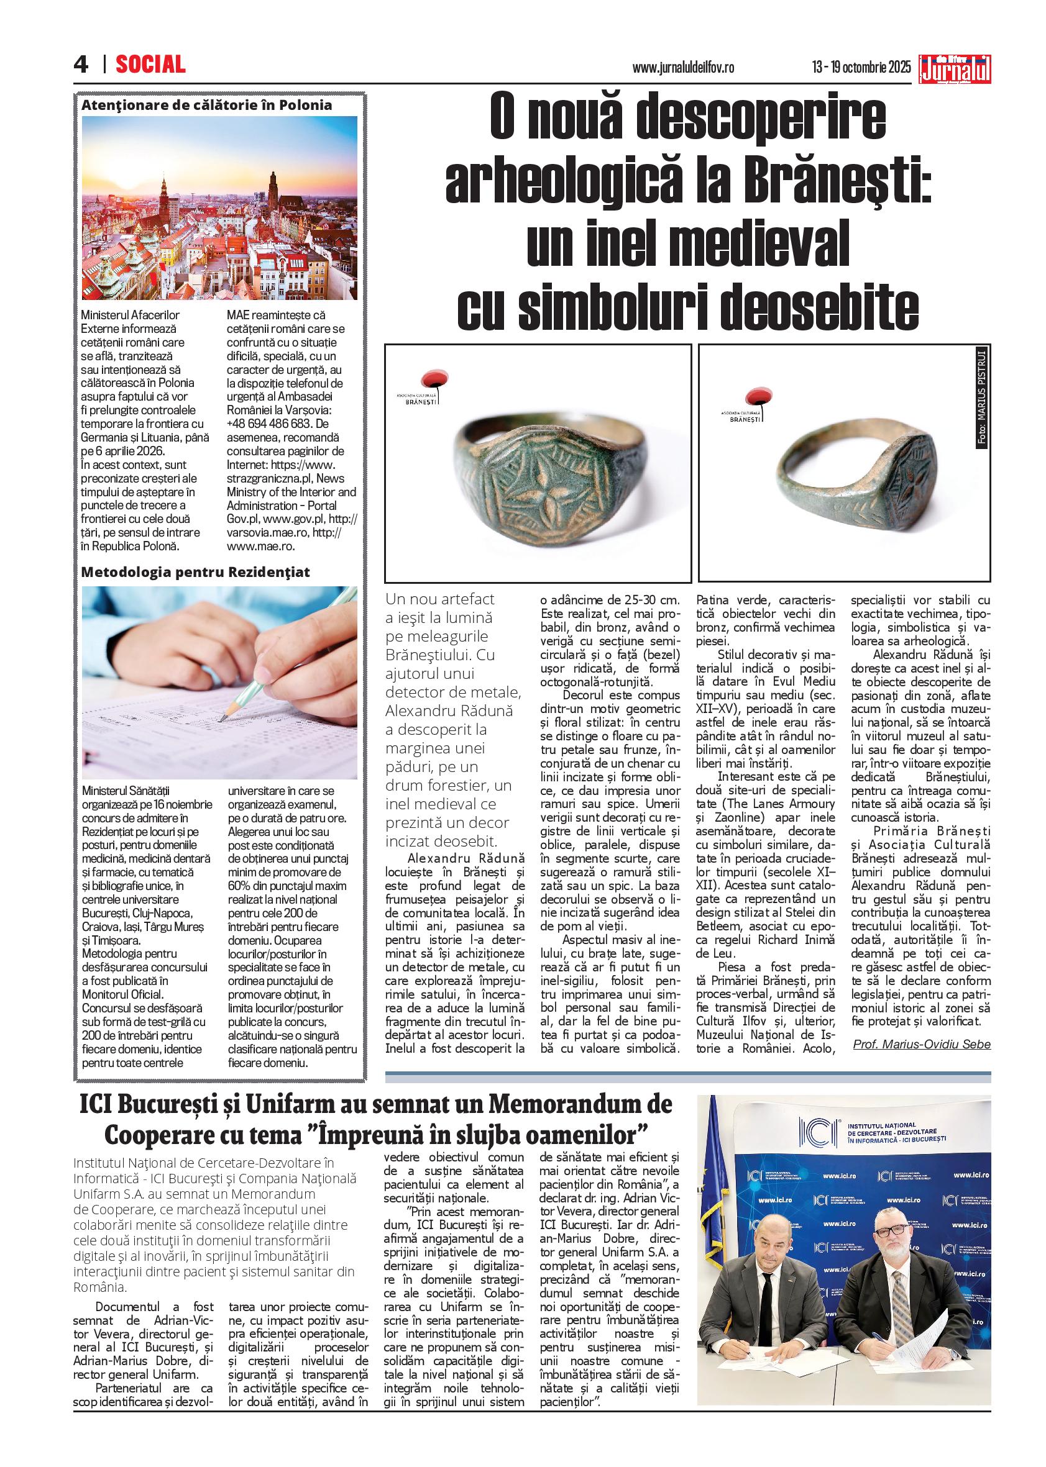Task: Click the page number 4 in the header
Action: point(81,65)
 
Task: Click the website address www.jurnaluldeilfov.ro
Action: point(684,67)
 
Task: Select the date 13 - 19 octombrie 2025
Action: point(862,67)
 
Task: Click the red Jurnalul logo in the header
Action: point(956,68)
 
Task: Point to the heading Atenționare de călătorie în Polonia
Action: point(207,105)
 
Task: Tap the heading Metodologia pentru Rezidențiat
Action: point(196,572)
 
